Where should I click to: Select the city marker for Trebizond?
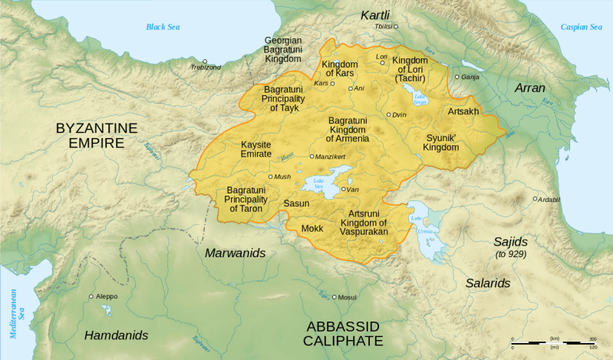coord(205,61)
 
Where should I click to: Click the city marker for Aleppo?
coord(91,296)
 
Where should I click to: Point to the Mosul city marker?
coord(335,296)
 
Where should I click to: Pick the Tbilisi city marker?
coord(397,26)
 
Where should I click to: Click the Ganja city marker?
coord(456,77)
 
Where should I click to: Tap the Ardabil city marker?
coord(536,199)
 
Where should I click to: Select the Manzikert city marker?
coord(311,157)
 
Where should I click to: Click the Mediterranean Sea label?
coord(16,303)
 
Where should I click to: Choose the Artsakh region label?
coord(463,112)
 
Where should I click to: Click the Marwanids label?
coord(234,253)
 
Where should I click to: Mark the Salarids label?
coord(487,283)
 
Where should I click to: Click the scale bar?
coord(551,342)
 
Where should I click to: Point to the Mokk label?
coord(312,228)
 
